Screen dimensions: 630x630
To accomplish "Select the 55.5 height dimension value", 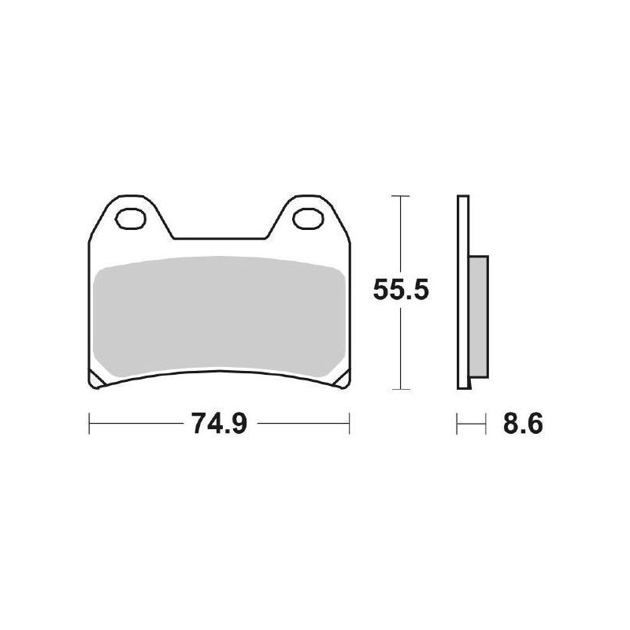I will pos(400,292).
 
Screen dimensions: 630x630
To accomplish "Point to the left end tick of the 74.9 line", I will pos(90,425).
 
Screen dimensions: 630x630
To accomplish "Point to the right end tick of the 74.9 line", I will pos(349,425).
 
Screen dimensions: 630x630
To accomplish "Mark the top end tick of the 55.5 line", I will pos(402,195).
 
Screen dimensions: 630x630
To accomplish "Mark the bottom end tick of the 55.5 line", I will pos(402,390).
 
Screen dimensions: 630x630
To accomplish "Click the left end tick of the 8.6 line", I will pos(458,425).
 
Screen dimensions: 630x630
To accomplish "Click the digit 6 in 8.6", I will pos(535,425).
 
